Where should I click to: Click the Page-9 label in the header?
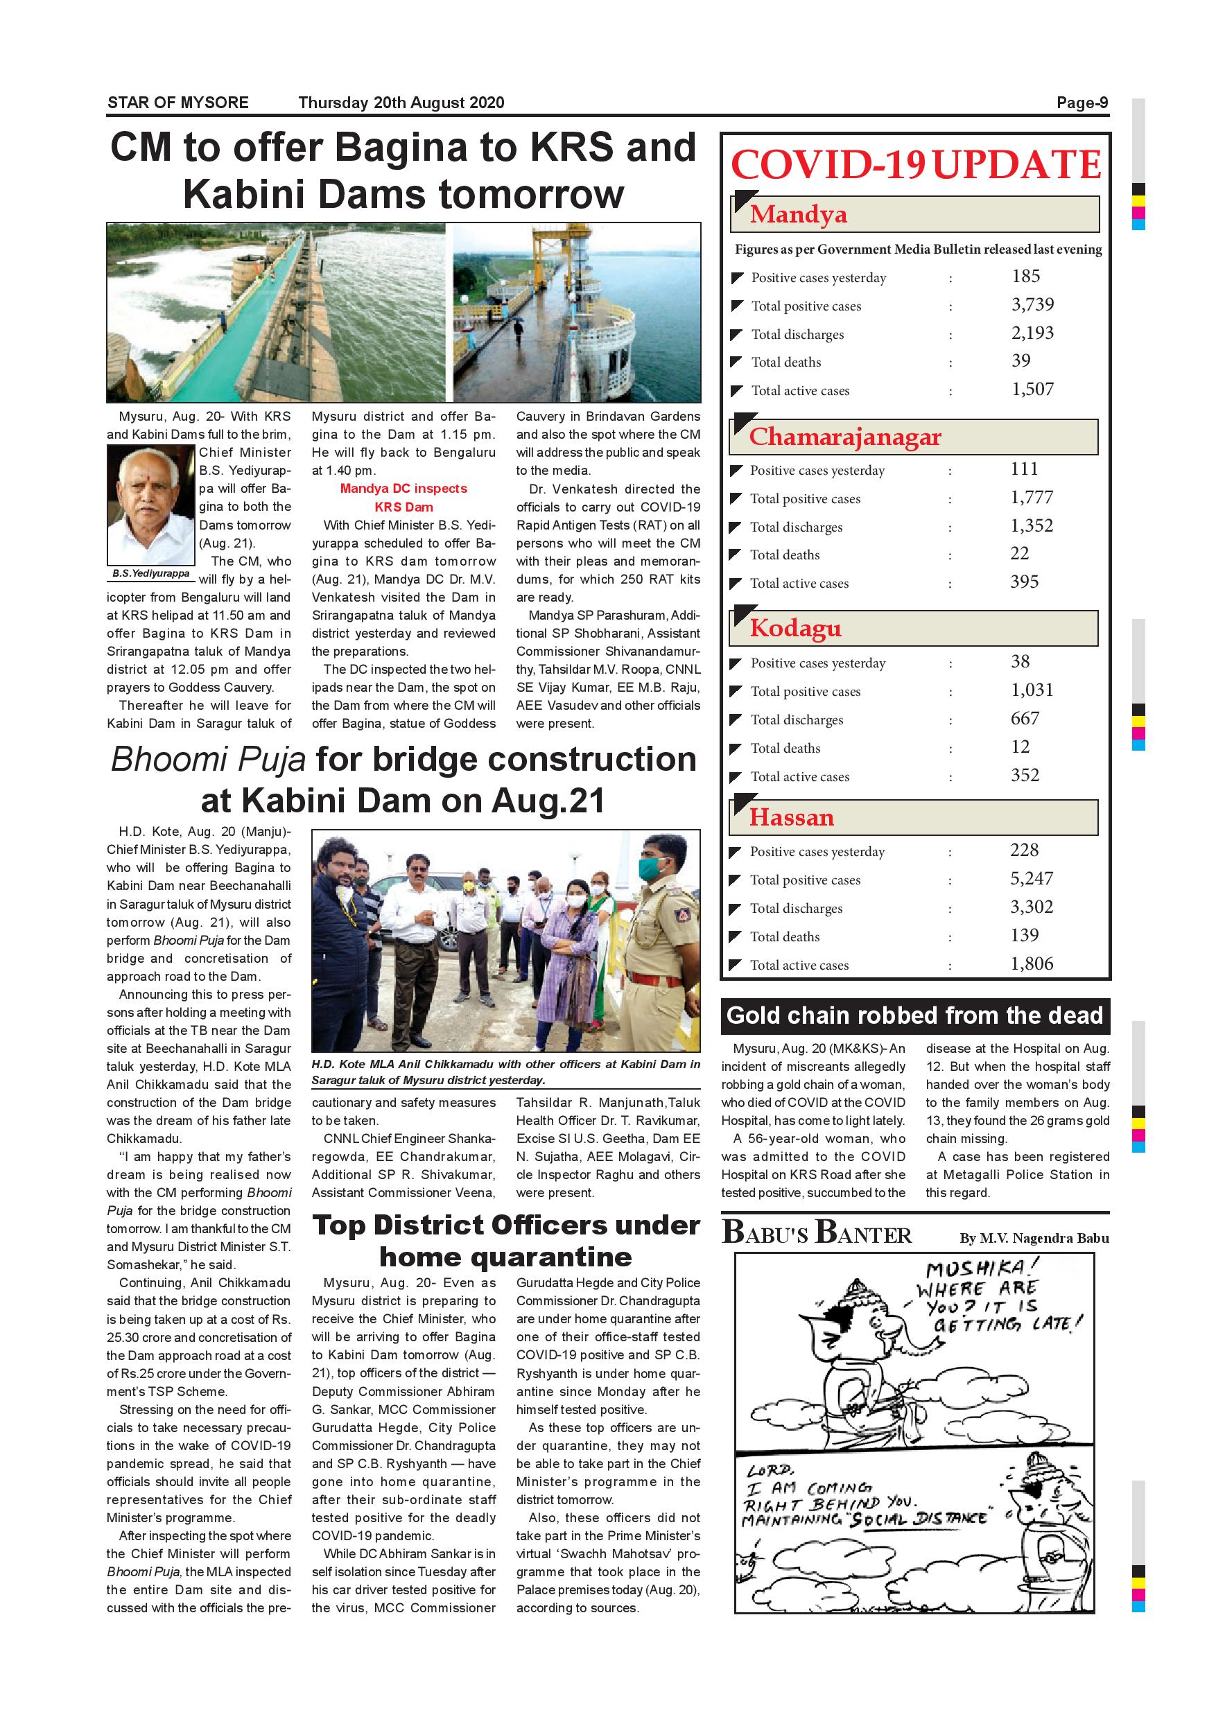click(x=1082, y=103)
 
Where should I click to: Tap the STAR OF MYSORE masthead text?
click(x=178, y=103)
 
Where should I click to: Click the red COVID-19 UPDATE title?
click(x=916, y=165)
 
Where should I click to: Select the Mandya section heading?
click(x=799, y=215)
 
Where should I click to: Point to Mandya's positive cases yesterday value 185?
click(x=1026, y=277)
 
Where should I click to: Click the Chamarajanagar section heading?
click(x=845, y=437)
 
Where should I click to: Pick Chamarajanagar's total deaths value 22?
click(x=1020, y=553)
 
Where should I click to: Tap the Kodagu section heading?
click(x=796, y=629)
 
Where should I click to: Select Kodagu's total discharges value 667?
click(x=1025, y=719)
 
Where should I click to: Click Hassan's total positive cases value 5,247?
click(x=1032, y=879)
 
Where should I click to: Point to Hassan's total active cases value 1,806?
click(x=1032, y=964)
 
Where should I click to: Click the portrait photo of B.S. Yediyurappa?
click(x=151, y=505)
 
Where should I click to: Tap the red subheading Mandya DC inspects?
click(x=403, y=489)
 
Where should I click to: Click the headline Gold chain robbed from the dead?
click(x=915, y=1016)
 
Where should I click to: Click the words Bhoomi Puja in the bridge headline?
click(x=208, y=760)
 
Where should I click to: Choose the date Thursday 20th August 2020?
click(x=401, y=103)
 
